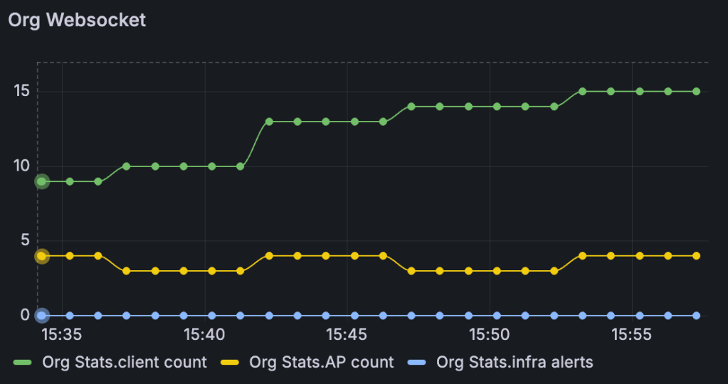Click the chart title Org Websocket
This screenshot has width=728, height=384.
tap(77, 20)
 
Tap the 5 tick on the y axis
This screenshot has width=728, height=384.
tap(23, 240)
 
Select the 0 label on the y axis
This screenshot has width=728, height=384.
tap(23, 315)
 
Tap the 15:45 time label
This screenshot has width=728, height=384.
tap(347, 334)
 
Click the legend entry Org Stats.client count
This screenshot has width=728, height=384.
tap(124, 362)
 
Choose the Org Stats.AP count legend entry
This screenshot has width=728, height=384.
tap(321, 362)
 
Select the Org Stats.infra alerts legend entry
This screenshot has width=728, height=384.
tap(515, 362)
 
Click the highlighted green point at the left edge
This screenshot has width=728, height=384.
tap(42, 181)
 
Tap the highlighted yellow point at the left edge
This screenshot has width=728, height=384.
tap(42, 256)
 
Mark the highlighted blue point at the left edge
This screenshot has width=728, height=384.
tap(42, 315)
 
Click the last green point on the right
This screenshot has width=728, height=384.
tap(696, 92)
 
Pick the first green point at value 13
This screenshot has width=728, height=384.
tap(269, 122)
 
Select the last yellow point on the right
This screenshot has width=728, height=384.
tap(696, 256)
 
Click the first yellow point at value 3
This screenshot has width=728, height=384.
tap(127, 271)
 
